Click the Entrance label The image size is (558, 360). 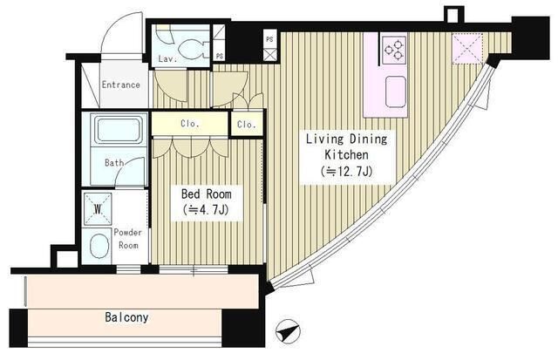pos(120,85)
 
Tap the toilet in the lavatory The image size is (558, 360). pos(192,49)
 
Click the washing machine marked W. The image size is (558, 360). pos(98,209)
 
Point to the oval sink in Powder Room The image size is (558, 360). pos(99,246)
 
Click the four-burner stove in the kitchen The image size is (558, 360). pos(394,49)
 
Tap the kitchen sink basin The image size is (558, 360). pos(395,91)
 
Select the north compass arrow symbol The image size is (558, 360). pos(288,332)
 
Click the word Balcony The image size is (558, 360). pos(126,317)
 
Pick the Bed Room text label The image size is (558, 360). pos(206,194)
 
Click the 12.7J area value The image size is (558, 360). pos(346,172)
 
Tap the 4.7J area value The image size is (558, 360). pos(206,210)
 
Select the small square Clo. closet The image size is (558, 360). pos(247,124)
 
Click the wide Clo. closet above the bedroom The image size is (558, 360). pos(190,124)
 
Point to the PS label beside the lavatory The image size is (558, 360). pos(220,57)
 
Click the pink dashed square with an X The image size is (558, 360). pos(467,49)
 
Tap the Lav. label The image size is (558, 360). pos(167,58)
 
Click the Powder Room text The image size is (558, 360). pos(128,239)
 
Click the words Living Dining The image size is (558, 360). pos(347,139)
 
